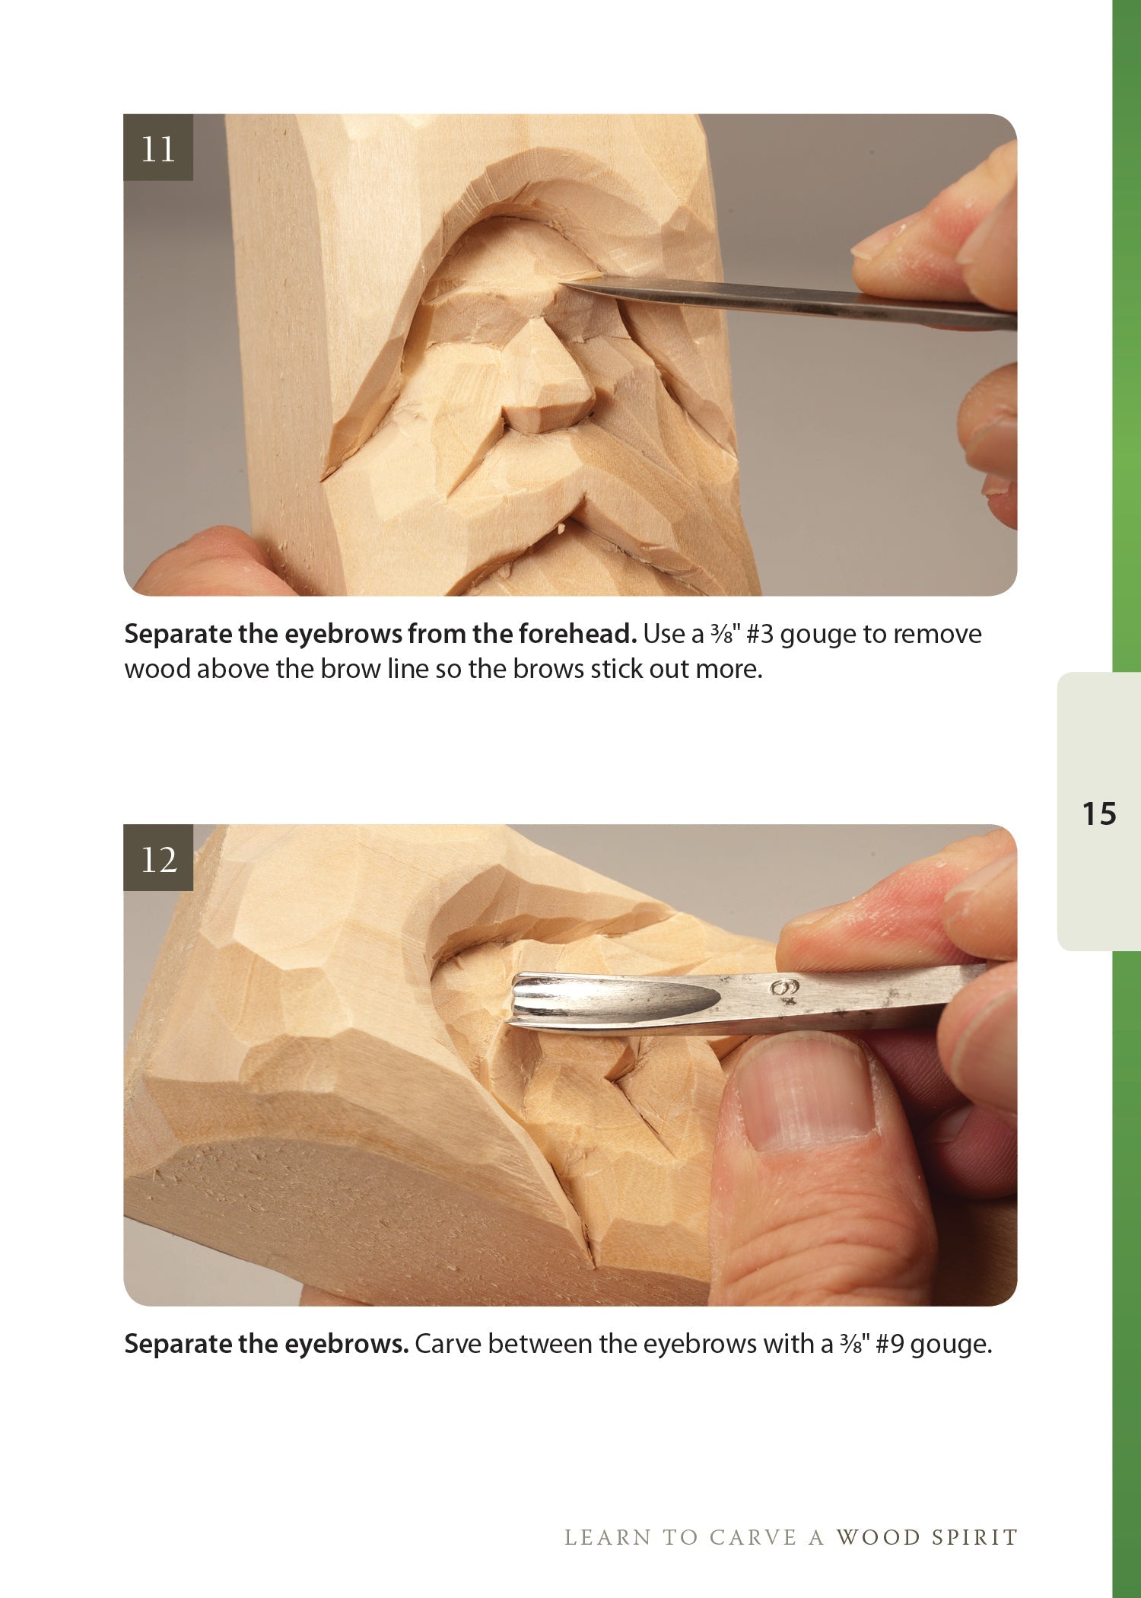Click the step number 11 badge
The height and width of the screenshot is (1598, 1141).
(x=158, y=148)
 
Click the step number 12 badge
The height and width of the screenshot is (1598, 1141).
(x=158, y=859)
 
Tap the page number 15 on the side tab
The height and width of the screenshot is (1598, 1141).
(x=1098, y=813)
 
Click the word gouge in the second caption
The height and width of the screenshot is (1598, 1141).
(x=951, y=1345)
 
